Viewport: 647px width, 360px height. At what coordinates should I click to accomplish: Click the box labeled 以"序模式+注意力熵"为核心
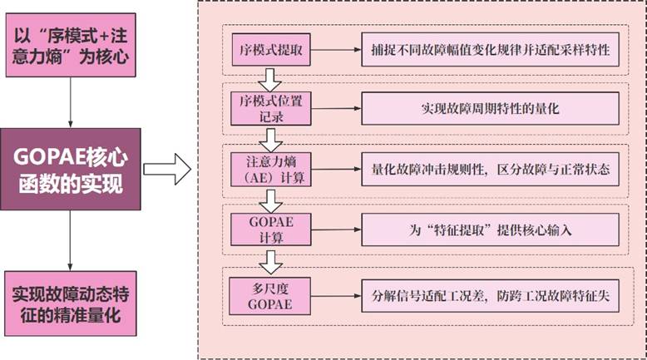pyautogui.click(x=70, y=48)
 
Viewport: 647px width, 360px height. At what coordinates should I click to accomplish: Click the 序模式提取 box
pyautogui.click(x=269, y=51)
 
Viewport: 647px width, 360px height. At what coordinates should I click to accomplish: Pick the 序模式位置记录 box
pyautogui.click(x=269, y=108)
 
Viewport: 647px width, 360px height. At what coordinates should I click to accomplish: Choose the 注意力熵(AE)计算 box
pyautogui.click(x=269, y=168)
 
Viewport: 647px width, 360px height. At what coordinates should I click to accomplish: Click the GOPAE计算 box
pyautogui.click(x=269, y=228)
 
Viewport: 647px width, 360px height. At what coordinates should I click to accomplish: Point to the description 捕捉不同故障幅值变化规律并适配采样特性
pyautogui.click(x=490, y=51)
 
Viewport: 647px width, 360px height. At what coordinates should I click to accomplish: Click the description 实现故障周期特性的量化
pyautogui.click(x=490, y=108)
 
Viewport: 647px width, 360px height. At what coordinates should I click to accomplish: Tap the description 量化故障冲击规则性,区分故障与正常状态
pyautogui.click(x=490, y=168)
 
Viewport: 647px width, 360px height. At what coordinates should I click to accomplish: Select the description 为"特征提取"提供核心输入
pyautogui.click(x=490, y=228)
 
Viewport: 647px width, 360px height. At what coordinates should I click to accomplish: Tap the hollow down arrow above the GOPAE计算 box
pyautogui.click(x=269, y=200)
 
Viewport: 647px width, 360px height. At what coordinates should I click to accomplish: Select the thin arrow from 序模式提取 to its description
pyautogui.click(x=335, y=51)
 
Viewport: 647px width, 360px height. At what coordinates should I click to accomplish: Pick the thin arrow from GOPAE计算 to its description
pyautogui.click(x=335, y=228)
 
